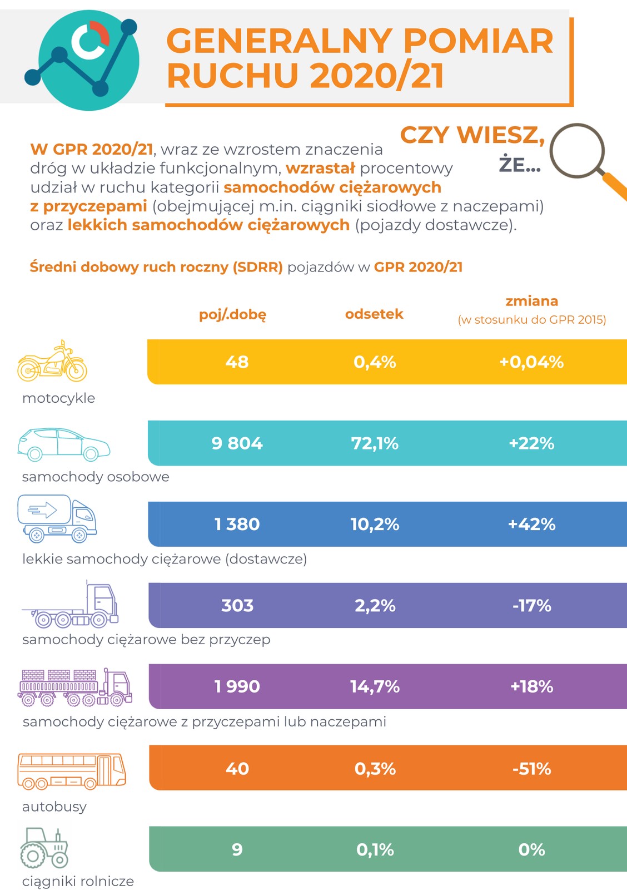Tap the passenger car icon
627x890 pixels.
click(x=63, y=444)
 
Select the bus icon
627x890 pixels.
click(x=72, y=771)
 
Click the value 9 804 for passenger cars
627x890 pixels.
click(x=237, y=443)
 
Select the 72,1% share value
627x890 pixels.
click(x=375, y=443)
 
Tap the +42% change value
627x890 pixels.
click(x=531, y=524)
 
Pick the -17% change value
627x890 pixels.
click(x=531, y=605)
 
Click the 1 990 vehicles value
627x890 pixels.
click(x=237, y=686)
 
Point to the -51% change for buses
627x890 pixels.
click(x=531, y=768)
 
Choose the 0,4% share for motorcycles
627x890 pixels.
click(x=375, y=362)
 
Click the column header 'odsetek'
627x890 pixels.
click(x=374, y=314)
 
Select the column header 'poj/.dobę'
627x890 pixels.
click(x=233, y=315)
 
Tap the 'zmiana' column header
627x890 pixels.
click(x=531, y=301)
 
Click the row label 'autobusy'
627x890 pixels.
click(x=54, y=807)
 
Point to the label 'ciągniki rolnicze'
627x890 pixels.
click(x=78, y=881)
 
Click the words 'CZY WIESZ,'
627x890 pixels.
click(x=472, y=135)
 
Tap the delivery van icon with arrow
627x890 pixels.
click(x=57, y=518)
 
